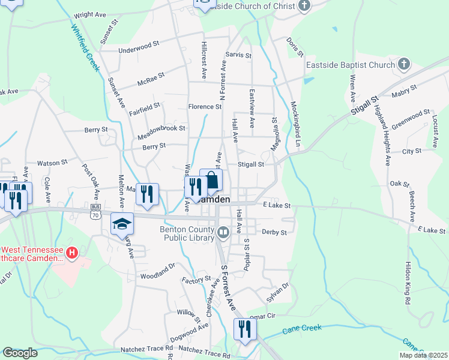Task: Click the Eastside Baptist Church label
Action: pyautogui.click(x=351, y=65)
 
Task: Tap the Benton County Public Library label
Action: pyautogui.click(x=186, y=232)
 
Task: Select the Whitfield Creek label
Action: pyautogui.click(x=84, y=47)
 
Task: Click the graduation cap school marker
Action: pyautogui.click(x=122, y=223)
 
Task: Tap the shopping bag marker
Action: pyautogui.click(x=211, y=179)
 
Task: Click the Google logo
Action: pyautogui.click(x=20, y=353)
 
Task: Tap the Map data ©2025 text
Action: pyautogui.click(x=423, y=355)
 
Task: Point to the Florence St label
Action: pyautogui.click(x=205, y=107)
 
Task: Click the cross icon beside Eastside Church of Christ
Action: pyautogui.click(x=305, y=6)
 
